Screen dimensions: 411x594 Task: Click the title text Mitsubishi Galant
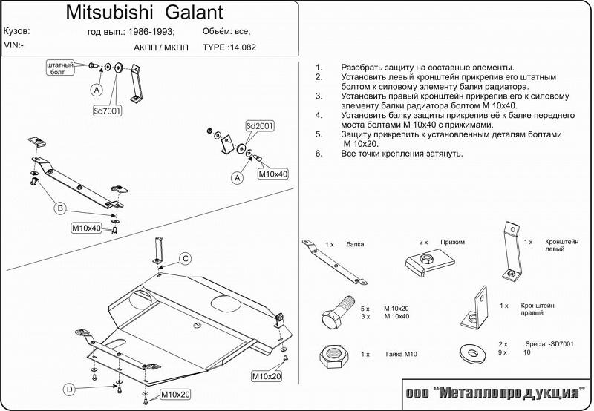tap(144, 13)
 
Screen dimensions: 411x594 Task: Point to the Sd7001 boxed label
tap(109, 111)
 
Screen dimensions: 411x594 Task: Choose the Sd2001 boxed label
tap(260, 127)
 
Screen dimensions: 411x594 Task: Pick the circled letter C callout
tap(186, 258)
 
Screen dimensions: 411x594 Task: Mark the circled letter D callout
tap(69, 389)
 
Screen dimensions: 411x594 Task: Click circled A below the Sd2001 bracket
tap(237, 178)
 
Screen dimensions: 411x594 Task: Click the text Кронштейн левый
tap(561, 246)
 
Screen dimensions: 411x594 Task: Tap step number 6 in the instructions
tap(319, 154)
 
